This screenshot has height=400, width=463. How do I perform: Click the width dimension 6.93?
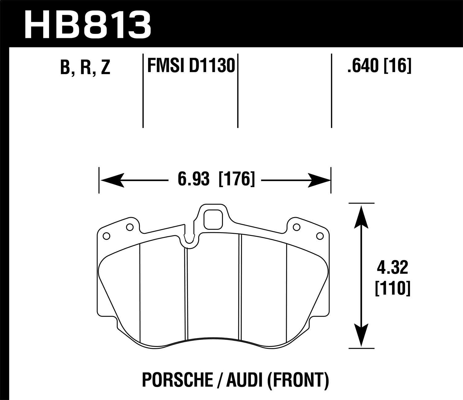(x=193, y=179)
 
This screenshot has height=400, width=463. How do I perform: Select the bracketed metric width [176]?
(x=237, y=179)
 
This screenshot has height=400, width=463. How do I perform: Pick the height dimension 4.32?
(x=392, y=268)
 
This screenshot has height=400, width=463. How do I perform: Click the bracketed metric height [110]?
(x=392, y=289)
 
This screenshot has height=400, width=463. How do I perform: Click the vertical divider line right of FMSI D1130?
(x=238, y=91)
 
